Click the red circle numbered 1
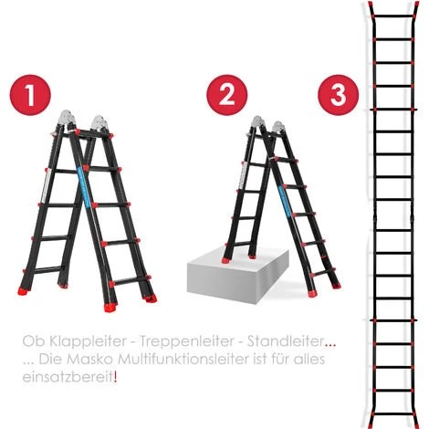point(30,95)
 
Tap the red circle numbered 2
point(227,95)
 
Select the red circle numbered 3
point(338,95)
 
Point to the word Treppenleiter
point(187,341)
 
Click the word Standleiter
point(285,341)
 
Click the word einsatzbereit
point(68,378)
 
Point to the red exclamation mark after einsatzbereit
point(115,378)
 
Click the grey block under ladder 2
point(238,276)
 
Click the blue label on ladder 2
point(285,200)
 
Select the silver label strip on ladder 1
point(47,185)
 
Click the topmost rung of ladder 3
point(394,16)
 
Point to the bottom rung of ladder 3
point(394,414)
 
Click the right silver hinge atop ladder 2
point(279,128)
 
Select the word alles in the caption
point(309,360)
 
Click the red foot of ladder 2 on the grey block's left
point(226,260)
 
